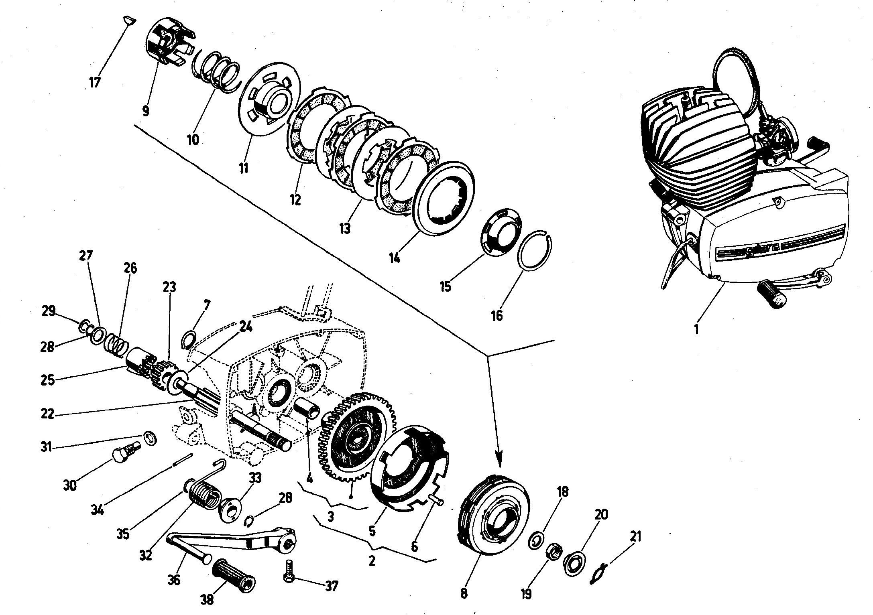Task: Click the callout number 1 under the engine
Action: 696,329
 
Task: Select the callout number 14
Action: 394,257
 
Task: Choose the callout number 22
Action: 48,414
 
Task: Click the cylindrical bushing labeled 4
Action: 307,408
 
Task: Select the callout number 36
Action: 174,580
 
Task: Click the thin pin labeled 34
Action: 183,460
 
